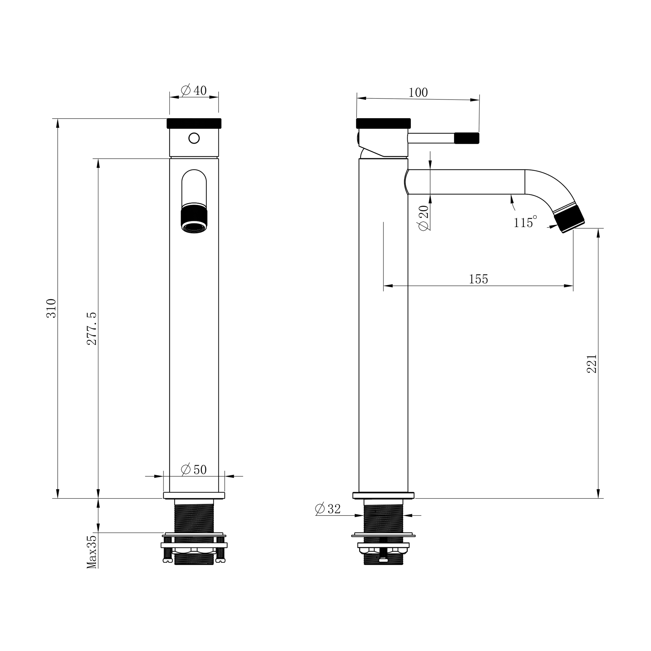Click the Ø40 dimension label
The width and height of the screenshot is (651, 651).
pos(194,90)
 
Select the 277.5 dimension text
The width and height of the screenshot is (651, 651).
pos(92,329)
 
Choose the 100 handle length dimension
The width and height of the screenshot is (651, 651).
pos(418,92)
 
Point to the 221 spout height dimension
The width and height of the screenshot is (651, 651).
pos(592,364)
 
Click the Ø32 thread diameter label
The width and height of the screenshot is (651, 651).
pos(328,509)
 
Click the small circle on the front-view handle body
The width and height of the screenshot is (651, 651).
pos(194,138)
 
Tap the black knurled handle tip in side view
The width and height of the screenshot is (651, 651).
pos(467,138)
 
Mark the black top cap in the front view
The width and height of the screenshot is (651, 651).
pos(194,123)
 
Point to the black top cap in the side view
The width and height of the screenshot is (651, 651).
pos(384,123)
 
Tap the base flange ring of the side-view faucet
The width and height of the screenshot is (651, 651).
pos(384,495)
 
